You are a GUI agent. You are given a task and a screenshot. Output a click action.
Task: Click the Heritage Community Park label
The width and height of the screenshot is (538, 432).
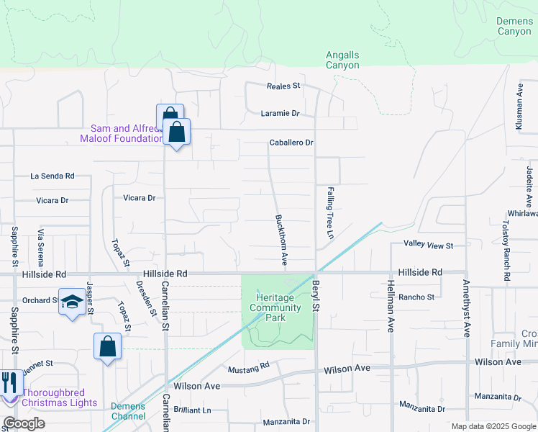coord(275,307)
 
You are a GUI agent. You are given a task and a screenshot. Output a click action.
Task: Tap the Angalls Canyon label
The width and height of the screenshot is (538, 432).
coord(342,60)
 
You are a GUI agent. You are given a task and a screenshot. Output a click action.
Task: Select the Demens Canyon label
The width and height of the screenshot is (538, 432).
coord(514,26)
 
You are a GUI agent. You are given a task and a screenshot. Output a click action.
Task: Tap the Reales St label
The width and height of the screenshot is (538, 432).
coord(283,86)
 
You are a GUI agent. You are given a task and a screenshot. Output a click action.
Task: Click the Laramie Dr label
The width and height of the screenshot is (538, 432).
coord(280,113)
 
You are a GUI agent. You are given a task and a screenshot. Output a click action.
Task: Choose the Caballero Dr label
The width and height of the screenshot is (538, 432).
coord(291,143)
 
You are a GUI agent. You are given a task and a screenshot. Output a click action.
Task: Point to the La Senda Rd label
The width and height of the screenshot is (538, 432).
coord(52,176)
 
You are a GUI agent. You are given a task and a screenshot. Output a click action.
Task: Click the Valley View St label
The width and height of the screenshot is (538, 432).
coord(428,246)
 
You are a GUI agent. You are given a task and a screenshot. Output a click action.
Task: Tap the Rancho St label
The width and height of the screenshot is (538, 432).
coord(416,297)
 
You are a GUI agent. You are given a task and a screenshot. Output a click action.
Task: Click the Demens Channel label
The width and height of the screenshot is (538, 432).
coord(128,411)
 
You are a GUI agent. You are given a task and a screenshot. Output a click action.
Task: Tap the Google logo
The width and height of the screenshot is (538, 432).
coord(24,423)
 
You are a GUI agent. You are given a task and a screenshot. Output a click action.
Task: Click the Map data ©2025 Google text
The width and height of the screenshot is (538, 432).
coord(493,426)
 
